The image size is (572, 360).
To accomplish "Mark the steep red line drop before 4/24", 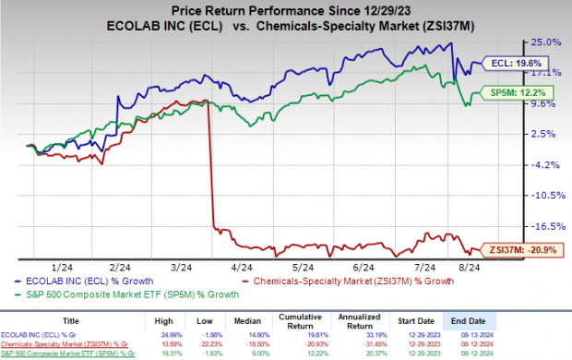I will pyautogui.click(x=212, y=166).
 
